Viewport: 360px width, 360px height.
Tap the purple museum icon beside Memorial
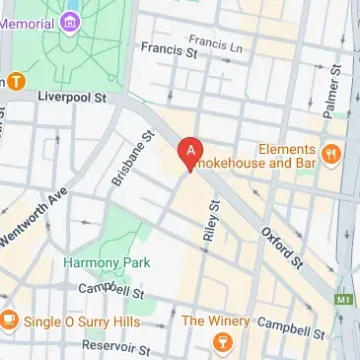[x=70, y=20]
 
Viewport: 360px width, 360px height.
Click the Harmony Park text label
[x=98, y=263]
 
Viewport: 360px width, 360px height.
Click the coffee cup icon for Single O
[x=9, y=320]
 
